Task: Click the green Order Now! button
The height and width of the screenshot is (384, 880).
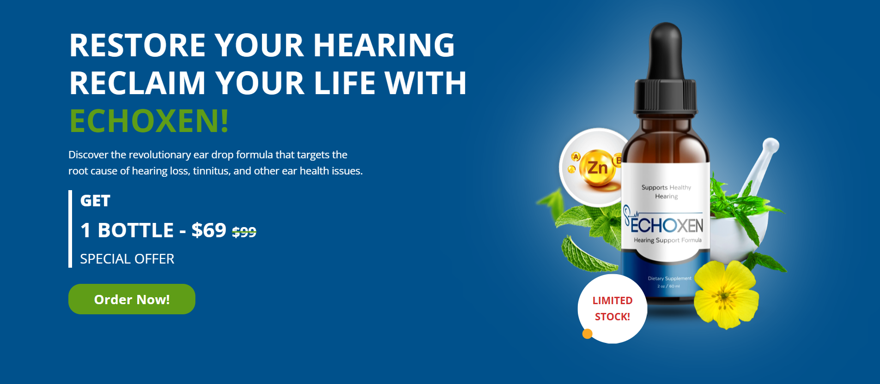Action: [x=132, y=299]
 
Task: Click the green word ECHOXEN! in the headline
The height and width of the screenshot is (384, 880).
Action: [x=149, y=121]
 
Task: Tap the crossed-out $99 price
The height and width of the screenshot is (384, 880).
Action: [x=244, y=232]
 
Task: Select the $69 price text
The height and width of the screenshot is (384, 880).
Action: [x=209, y=230]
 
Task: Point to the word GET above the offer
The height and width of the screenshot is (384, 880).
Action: [x=95, y=201]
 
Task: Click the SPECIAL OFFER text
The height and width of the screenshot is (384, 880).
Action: [x=127, y=259]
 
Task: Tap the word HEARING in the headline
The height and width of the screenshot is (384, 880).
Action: [x=384, y=45]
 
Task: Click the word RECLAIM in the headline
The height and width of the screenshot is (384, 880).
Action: [x=137, y=83]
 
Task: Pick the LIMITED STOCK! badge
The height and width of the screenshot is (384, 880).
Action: [x=613, y=308]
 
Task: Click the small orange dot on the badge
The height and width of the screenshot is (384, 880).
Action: [x=588, y=333]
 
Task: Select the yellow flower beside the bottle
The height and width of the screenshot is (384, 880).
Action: [x=726, y=294]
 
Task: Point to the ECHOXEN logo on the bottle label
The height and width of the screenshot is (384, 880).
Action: [x=666, y=225]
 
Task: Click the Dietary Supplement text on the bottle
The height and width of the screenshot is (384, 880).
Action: [x=669, y=278]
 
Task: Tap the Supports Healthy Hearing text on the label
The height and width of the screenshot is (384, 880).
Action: [x=666, y=192]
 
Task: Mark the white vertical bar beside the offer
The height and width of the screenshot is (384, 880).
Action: [x=70, y=229]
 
